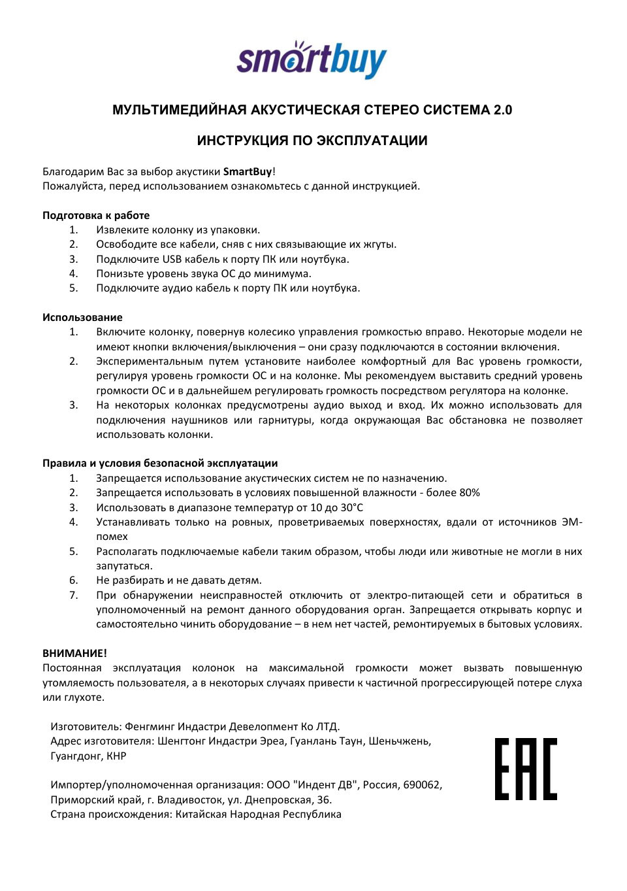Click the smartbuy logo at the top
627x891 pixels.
coord(312,60)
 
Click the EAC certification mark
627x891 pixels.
coord(526,769)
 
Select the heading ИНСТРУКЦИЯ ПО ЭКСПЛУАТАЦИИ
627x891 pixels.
coord(312,141)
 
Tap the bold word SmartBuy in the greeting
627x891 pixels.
coord(248,172)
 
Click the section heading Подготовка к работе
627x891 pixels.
coord(96,216)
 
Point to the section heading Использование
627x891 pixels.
coord(82,318)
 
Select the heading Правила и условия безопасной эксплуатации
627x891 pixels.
coord(160,463)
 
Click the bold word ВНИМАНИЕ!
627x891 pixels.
coord(74,653)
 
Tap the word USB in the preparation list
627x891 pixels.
coord(172,260)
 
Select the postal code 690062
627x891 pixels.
coord(422,785)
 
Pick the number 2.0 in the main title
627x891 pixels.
coord(502,110)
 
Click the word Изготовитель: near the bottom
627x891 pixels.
coord(86,727)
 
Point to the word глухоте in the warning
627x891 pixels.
coord(84,698)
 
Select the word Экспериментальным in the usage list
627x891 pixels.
coord(149,361)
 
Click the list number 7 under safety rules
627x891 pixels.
coord(74,596)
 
